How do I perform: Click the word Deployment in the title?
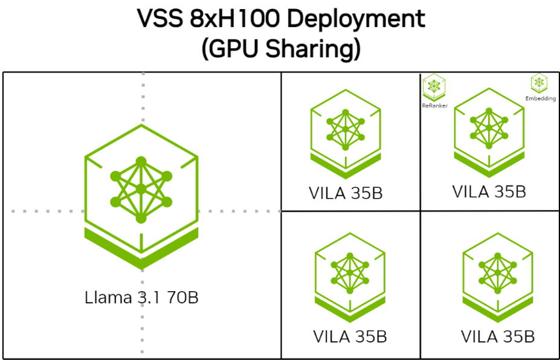(356, 20)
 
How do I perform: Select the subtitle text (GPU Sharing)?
(281, 48)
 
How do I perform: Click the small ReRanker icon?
(434, 88)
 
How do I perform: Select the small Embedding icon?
(539, 83)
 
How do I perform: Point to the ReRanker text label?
(434, 105)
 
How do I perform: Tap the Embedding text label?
(541, 98)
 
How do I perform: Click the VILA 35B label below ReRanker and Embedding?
(489, 191)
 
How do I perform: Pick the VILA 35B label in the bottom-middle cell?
(350, 336)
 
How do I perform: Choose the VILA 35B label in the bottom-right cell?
(497, 336)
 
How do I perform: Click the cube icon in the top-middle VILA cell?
(346, 130)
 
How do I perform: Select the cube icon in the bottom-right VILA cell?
(497, 272)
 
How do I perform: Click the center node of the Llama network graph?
(141, 189)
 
